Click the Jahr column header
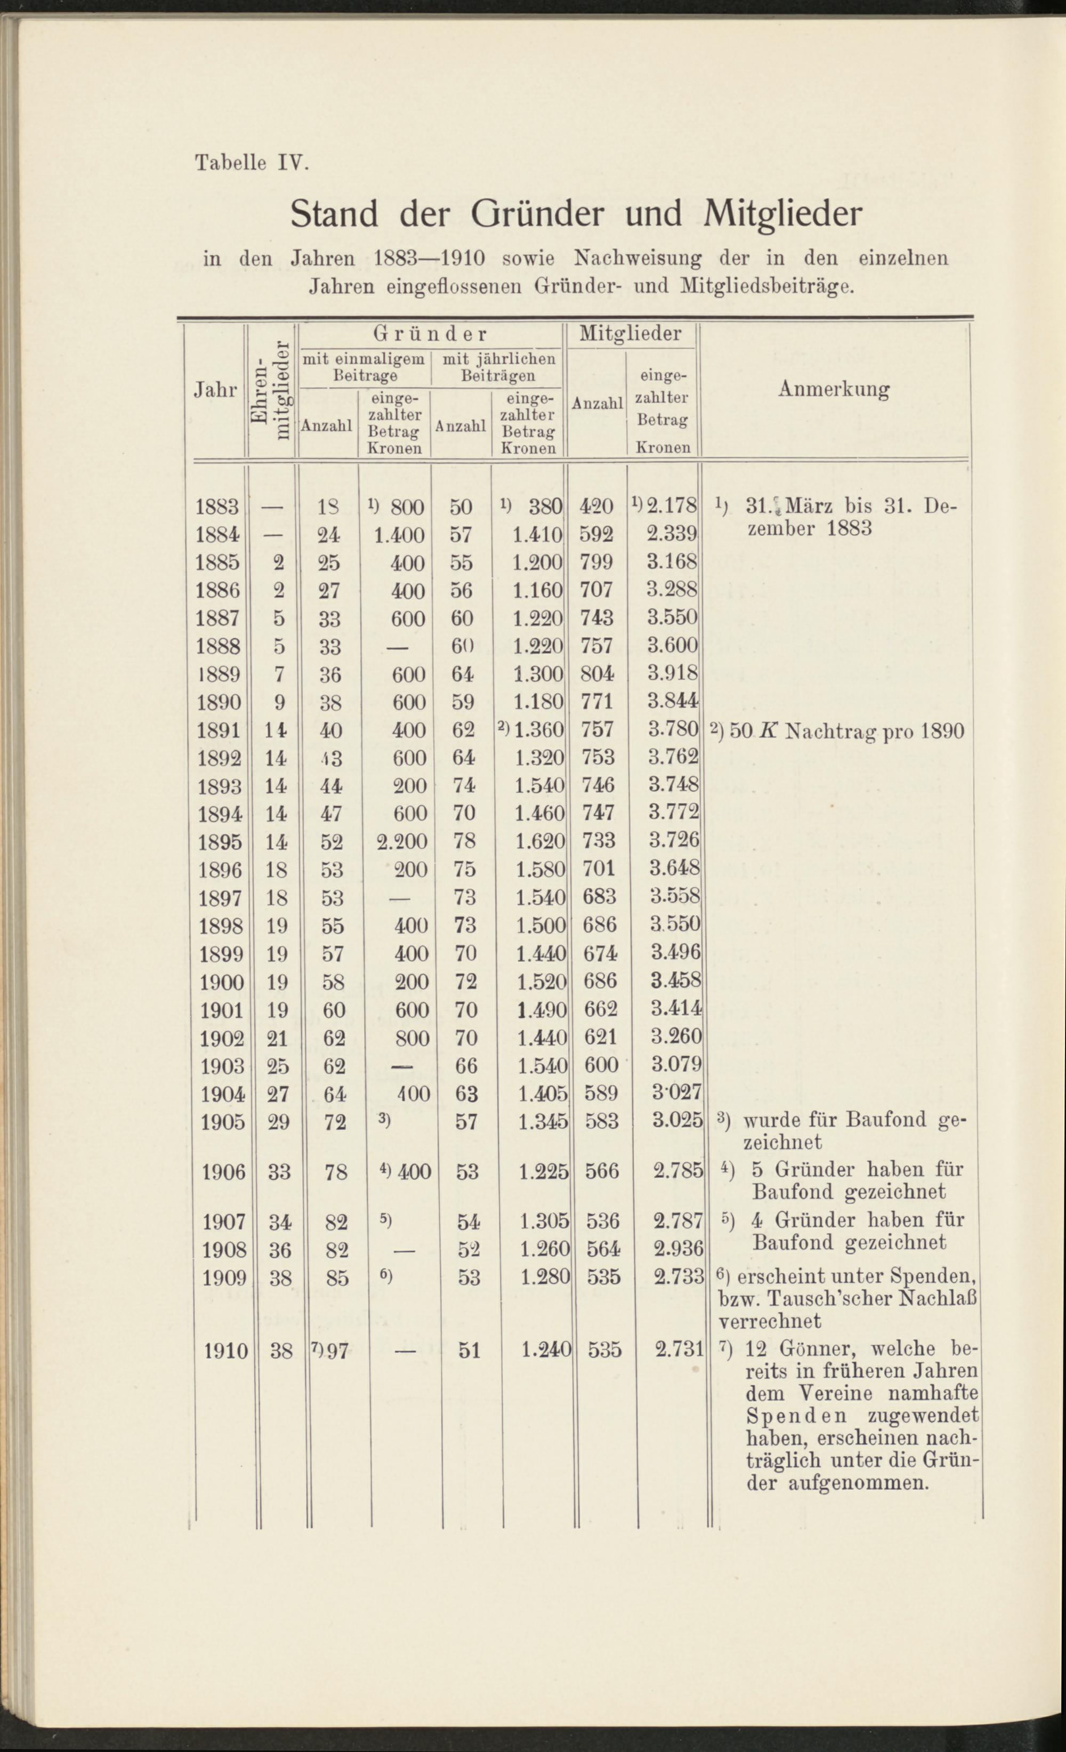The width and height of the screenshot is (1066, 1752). [x=215, y=390]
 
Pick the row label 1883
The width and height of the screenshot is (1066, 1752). [x=217, y=507]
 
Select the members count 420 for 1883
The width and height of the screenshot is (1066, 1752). [x=596, y=507]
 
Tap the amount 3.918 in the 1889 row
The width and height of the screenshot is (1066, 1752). [x=672, y=673]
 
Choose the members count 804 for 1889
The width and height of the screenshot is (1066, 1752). [x=597, y=673]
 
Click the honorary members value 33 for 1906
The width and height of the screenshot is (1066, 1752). [x=279, y=1172]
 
